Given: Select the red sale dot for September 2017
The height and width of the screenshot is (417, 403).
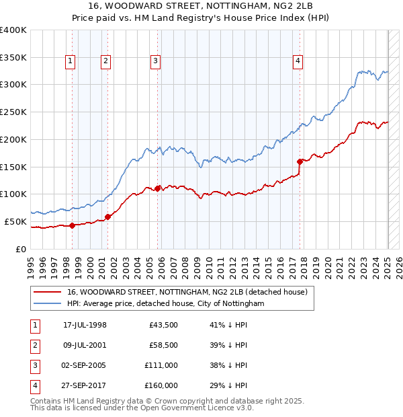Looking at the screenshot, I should click(300, 161).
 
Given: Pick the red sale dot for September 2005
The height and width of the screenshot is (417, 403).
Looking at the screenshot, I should click(157, 188).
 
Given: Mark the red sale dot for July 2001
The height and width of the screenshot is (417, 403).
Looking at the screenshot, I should click(107, 217).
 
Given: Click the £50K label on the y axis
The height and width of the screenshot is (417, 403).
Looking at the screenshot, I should click(16, 221).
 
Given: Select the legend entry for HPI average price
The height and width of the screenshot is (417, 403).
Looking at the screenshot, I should click(165, 304).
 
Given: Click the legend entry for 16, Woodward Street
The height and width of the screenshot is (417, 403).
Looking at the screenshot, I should click(187, 292).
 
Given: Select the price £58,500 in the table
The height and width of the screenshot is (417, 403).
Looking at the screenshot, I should click(161, 346).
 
